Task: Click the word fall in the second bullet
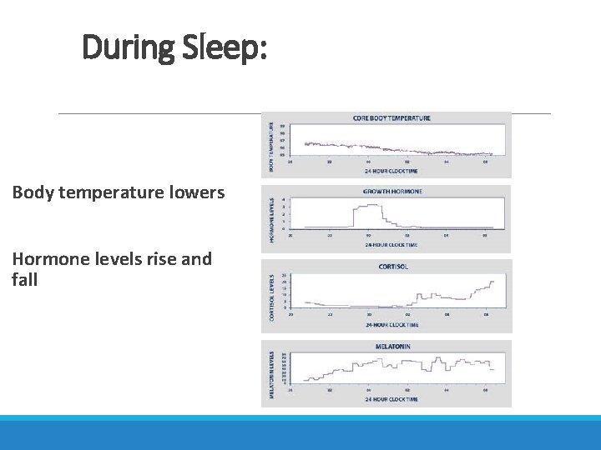(x=25, y=280)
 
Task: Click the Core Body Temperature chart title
(x=391, y=118)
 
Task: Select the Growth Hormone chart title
(x=391, y=192)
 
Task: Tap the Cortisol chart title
(x=391, y=267)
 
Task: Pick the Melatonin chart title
(x=391, y=346)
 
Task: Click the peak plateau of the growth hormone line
(x=366, y=205)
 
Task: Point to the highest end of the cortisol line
(x=492, y=281)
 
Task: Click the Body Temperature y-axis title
(x=270, y=146)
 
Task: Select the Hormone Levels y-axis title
(x=270, y=220)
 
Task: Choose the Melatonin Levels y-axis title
(x=270, y=373)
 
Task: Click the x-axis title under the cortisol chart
(x=391, y=324)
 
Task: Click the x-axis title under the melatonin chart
(x=391, y=399)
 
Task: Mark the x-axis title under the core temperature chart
(x=391, y=171)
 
